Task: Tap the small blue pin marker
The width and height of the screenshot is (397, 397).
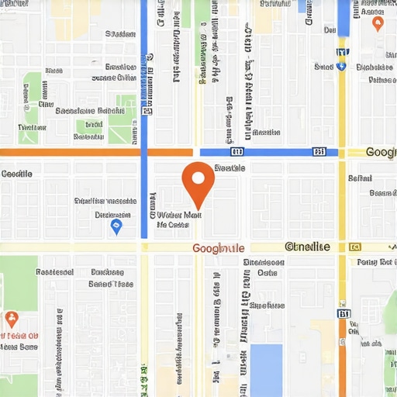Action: tap(116, 226)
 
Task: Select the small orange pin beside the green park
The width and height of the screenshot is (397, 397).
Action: tap(12, 318)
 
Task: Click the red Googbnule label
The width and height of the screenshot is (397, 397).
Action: tap(218, 248)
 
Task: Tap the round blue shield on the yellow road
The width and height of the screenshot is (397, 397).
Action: tap(341, 66)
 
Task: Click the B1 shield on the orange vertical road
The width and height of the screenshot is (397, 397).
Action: tap(343, 313)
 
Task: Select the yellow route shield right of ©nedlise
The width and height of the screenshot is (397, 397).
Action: tap(355, 247)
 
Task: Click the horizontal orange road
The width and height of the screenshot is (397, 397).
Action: tap(70, 153)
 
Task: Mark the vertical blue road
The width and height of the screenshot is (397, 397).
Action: tap(143, 116)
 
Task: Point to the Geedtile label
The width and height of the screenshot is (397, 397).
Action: tap(17, 174)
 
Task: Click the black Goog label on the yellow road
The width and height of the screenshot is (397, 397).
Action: tap(381, 152)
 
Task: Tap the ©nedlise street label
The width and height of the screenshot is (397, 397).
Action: tap(307, 247)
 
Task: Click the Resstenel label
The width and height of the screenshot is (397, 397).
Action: tap(54, 273)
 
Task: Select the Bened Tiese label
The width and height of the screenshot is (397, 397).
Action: tap(110, 285)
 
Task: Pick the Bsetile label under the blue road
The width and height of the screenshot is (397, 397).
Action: tap(229, 167)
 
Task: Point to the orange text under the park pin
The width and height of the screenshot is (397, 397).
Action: tap(22, 337)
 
